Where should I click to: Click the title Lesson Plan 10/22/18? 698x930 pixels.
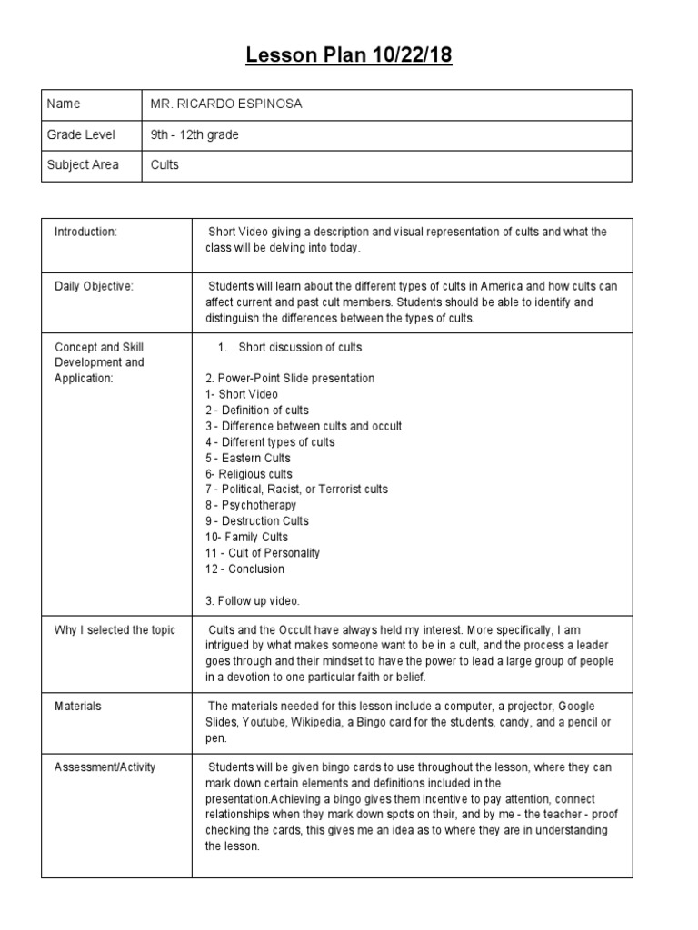[349, 56]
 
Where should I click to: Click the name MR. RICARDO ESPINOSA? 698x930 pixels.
[226, 104]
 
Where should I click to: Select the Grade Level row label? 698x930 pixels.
[82, 135]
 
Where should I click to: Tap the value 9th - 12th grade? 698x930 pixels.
[194, 135]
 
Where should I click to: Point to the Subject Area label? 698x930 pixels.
[86, 166]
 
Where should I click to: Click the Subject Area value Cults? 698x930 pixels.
[165, 166]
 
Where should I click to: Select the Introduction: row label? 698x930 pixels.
[86, 232]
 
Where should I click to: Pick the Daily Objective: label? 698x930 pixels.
[94, 287]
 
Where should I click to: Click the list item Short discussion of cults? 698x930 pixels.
[300, 347]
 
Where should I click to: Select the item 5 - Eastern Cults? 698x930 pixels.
[247, 458]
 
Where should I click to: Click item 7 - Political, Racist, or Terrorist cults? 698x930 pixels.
[296, 490]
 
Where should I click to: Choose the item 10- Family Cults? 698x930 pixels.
[244, 537]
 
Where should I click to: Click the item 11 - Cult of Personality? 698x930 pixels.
[263, 553]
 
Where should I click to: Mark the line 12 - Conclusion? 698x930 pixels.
[244, 569]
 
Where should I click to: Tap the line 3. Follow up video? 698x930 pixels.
[252, 600]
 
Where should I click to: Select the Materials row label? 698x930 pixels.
[78, 706]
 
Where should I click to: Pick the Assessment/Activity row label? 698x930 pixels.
[105, 767]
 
